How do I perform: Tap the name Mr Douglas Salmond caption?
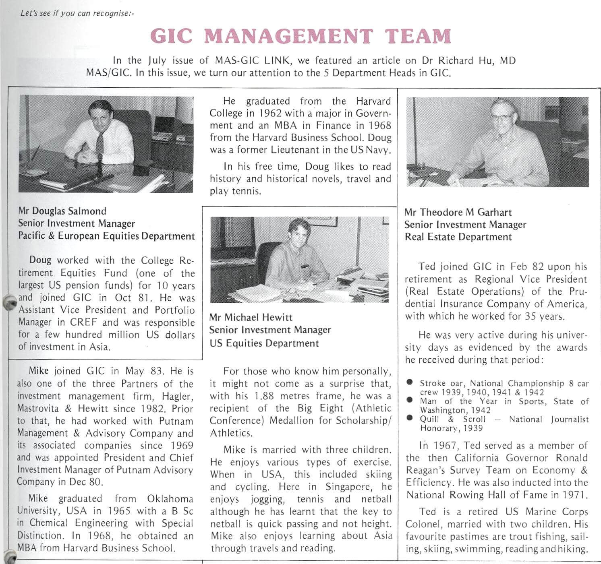coord(62,211)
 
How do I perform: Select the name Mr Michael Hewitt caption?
coord(251,317)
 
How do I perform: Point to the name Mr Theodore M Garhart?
coord(458,212)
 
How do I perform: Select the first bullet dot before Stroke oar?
coord(410,382)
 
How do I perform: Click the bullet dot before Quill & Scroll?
coord(410,418)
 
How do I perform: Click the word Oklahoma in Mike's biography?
coord(170,498)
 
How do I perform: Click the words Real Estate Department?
coord(458,237)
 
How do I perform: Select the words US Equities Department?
coord(264,343)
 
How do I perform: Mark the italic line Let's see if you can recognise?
coord(77,13)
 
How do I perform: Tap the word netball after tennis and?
coord(376,499)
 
